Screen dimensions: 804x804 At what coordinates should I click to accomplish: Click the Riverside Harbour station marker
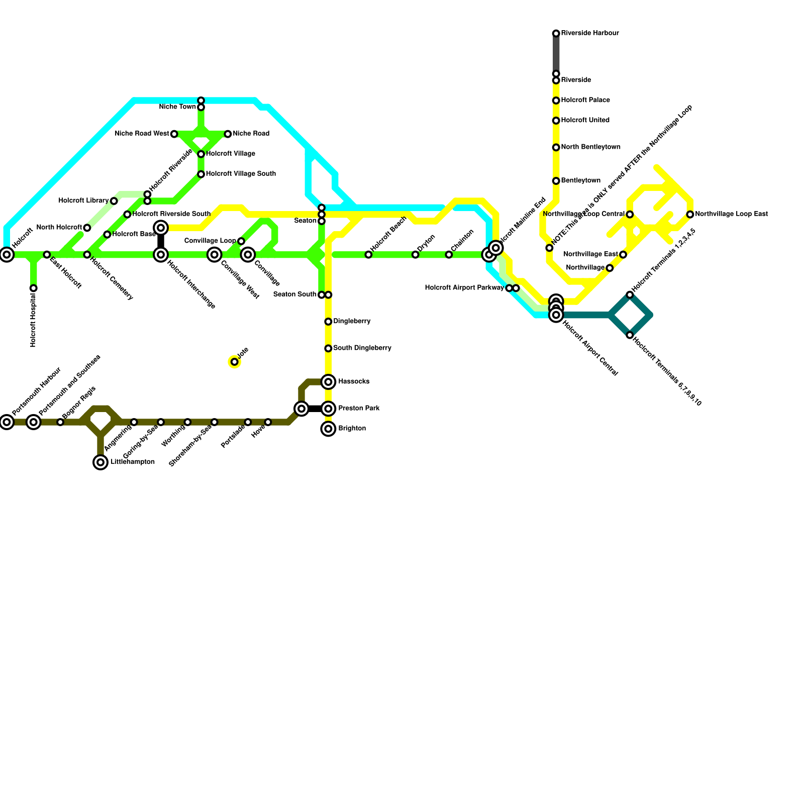556,34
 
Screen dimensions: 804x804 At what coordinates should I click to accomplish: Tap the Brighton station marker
328,429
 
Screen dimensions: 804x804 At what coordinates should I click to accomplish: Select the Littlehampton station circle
100,462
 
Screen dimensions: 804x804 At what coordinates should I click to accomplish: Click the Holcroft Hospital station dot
33,288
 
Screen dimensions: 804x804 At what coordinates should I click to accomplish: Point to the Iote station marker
234,362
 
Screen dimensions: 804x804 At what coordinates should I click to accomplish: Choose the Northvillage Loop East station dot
690,215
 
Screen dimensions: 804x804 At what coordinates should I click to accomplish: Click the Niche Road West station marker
174,134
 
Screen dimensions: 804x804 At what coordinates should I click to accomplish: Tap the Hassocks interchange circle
328,382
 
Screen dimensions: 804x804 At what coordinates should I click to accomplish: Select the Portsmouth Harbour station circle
7,422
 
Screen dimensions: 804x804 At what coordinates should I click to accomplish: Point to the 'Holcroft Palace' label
585,100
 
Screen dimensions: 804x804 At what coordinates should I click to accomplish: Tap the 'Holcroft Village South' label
241,174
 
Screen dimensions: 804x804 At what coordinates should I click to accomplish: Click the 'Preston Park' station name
359,409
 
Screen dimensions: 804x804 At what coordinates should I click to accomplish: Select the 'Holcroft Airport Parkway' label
464,288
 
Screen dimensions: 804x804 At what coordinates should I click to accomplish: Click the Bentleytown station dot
556,181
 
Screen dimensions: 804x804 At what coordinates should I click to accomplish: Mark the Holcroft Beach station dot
368,255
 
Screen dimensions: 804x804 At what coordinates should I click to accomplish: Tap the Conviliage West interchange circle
215,255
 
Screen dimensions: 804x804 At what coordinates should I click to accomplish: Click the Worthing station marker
187,422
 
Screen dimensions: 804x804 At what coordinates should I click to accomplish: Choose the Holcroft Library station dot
114,201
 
